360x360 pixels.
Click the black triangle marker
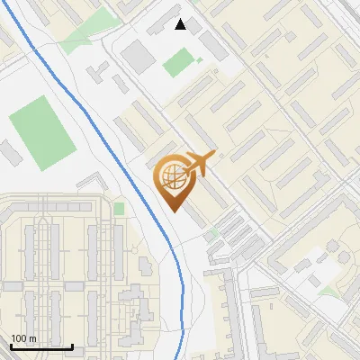(x=181, y=24)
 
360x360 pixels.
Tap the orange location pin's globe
(x=172, y=176)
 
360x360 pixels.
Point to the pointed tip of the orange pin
(x=172, y=210)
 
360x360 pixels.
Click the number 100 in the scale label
(x=19, y=338)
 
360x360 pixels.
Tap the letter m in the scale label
(x=33, y=338)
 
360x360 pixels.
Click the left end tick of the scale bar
(x=12, y=346)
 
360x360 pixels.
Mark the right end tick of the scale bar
(x=72, y=346)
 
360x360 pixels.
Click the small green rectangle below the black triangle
(x=178, y=62)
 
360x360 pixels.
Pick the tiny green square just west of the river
(x=119, y=209)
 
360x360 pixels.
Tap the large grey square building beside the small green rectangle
(x=139, y=55)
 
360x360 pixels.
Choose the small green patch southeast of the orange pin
(x=213, y=234)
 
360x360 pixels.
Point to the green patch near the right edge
(x=331, y=291)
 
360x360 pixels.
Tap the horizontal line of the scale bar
(x=41, y=346)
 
